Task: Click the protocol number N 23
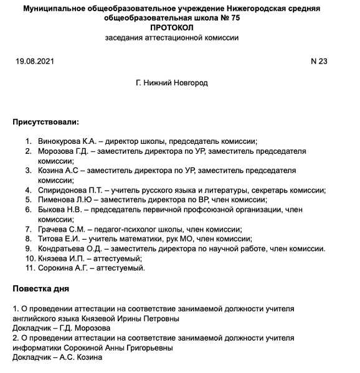pos(318,61)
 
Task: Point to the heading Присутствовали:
pos(46,121)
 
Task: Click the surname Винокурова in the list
pos(59,141)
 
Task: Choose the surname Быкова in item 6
pos(52,210)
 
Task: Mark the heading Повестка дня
pos(41,289)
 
